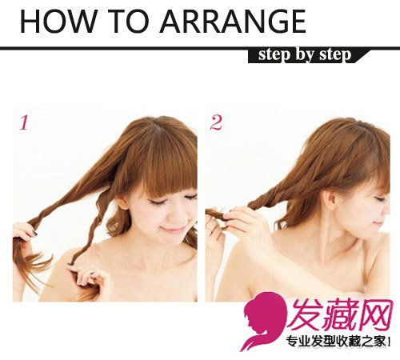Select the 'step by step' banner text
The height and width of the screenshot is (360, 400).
pyautogui.click(x=305, y=55)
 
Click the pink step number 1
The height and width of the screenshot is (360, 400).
pyautogui.click(x=24, y=122)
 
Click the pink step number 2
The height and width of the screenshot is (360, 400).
pyautogui.click(x=216, y=122)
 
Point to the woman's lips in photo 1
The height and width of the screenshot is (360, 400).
pyautogui.click(x=174, y=228)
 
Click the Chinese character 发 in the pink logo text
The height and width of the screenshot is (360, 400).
pyautogui.click(x=306, y=314)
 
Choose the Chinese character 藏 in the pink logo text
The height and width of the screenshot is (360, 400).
pyautogui.click(x=342, y=314)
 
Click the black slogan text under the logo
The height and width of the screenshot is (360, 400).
pyautogui.click(x=338, y=342)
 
